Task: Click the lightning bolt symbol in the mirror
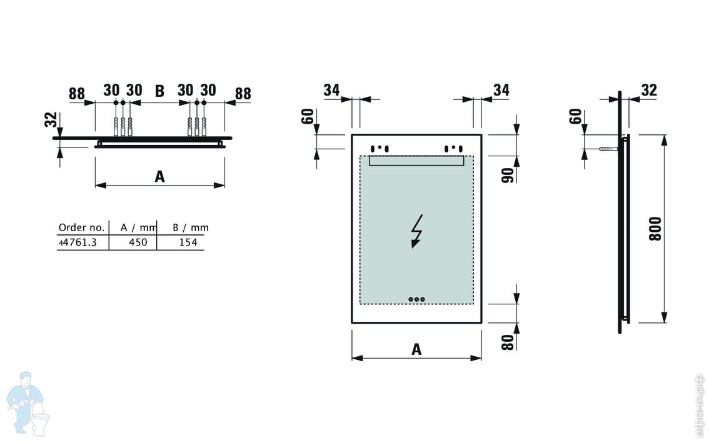416,231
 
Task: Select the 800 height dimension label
655,229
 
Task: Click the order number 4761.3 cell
78,242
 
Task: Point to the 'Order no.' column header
81,227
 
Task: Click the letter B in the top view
159,92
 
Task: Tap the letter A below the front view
416,350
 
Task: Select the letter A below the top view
159,177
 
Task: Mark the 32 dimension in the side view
649,91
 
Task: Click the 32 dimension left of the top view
51,120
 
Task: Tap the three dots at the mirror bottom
416,299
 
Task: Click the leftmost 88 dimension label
76,94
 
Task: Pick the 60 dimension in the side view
575,116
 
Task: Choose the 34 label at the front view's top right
501,91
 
